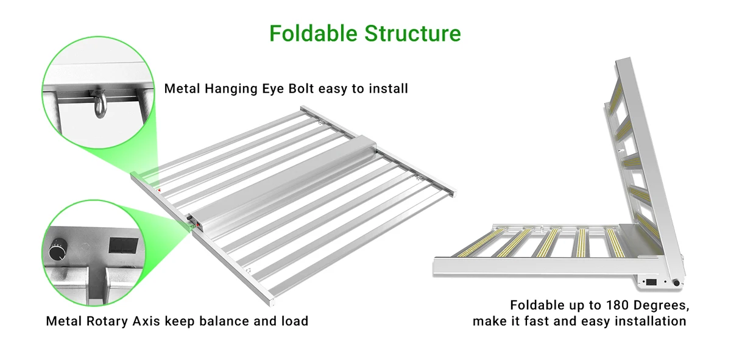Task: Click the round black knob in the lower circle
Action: point(57,250)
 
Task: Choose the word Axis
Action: point(146,321)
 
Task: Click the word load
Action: point(294,321)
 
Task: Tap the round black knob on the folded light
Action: point(676,283)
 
